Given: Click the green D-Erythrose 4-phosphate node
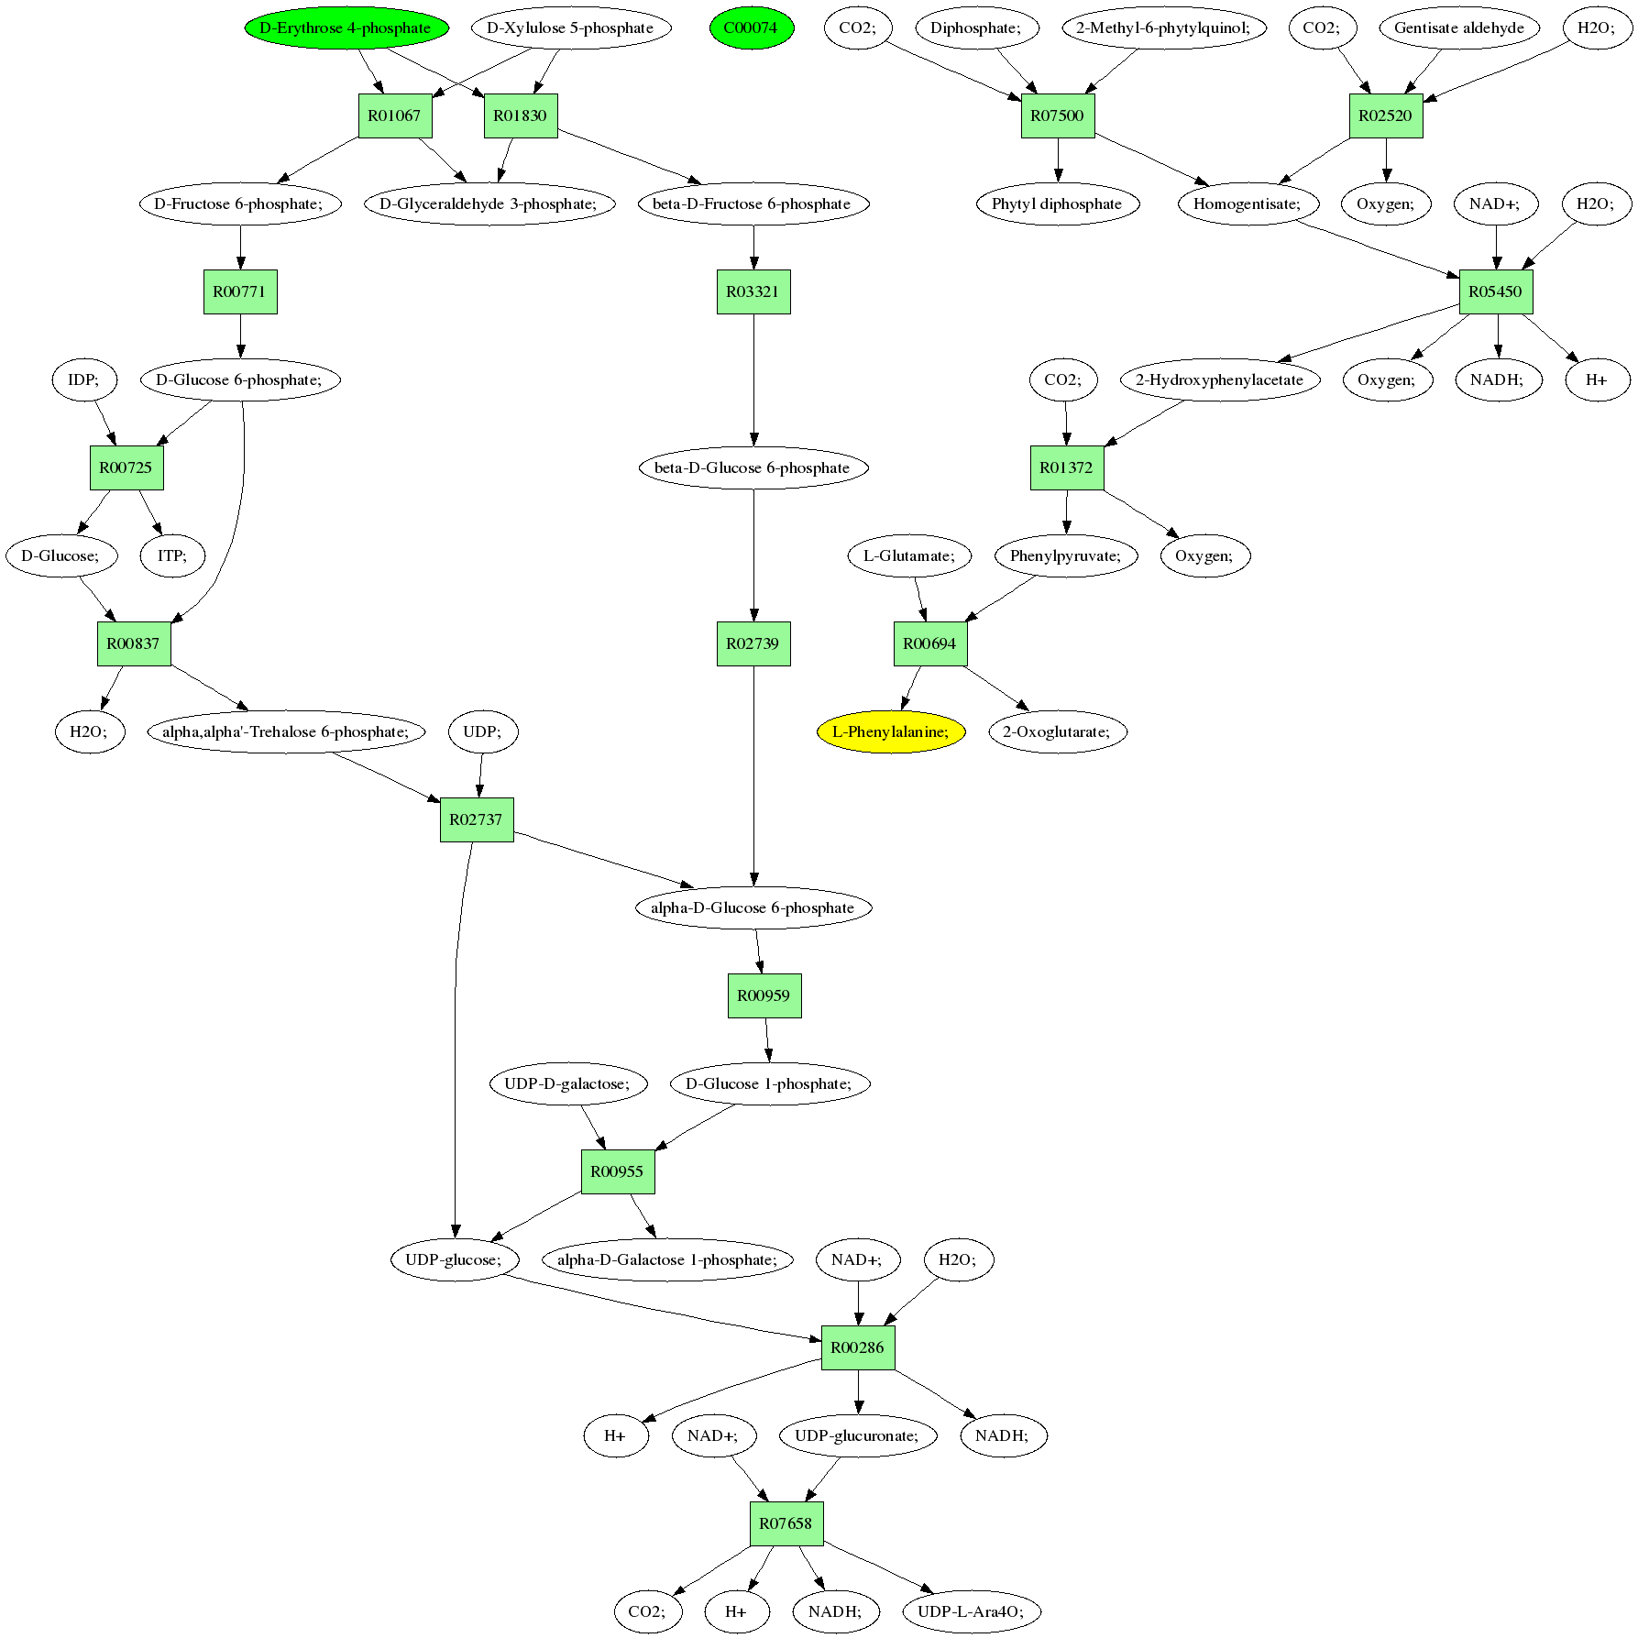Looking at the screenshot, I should point(346,27).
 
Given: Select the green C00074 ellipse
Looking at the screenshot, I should point(751,27).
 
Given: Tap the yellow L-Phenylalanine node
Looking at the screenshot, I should point(891,731).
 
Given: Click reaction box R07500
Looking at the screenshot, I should point(1058,115).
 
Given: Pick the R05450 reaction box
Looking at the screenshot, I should point(1496,291).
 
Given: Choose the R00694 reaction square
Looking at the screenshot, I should point(930,643).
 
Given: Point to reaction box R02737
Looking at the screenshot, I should point(477,819).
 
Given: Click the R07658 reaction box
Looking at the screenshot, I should point(786,1523).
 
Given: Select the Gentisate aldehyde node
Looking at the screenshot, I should point(1458,27).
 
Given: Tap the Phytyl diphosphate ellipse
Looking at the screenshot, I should point(1057,203).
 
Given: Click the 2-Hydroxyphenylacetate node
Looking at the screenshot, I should point(1219,379).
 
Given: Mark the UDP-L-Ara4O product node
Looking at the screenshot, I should point(971,1611).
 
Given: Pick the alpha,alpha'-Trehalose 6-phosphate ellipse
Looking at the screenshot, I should point(286,731).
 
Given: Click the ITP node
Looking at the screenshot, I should point(172,555).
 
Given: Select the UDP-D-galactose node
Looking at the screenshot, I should point(567,1083).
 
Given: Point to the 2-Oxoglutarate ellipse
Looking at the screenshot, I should point(1057,731).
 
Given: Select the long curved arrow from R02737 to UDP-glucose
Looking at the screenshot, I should point(456,1008).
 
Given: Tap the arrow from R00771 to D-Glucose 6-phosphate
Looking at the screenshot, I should point(240,335).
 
